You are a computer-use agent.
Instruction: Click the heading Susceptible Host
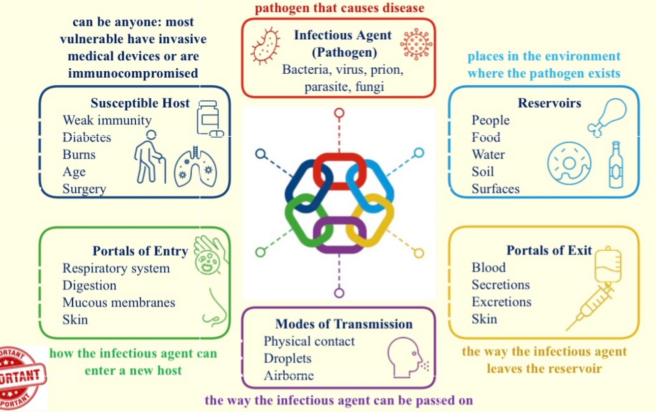(x=140, y=103)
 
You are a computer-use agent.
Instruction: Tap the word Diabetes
(x=87, y=138)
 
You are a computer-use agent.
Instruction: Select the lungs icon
(x=195, y=167)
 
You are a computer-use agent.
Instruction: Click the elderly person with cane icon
(x=150, y=157)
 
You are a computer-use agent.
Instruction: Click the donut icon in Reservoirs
(x=569, y=164)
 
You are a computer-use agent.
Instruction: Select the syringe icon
(x=591, y=307)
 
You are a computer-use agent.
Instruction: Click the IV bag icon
(x=608, y=265)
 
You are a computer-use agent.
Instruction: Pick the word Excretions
(x=501, y=302)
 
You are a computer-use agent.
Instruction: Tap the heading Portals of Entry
(x=140, y=251)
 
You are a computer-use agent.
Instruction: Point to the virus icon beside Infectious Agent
(x=415, y=45)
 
